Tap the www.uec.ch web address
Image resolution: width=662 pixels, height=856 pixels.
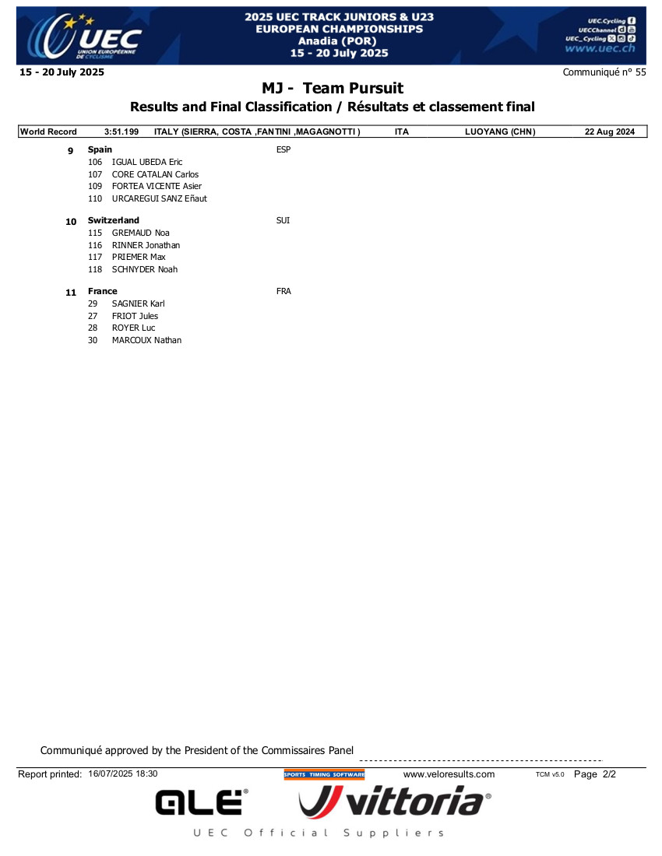click(599, 48)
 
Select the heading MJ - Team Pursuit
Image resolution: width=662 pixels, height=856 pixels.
click(333, 89)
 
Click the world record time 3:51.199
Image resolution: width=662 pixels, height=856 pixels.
click(121, 132)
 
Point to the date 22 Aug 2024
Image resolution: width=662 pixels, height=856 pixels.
click(610, 132)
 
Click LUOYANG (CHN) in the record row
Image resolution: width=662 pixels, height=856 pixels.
click(500, 132)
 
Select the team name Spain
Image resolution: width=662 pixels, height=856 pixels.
click(100, 149)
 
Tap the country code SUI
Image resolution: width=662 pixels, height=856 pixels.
click(283, 221)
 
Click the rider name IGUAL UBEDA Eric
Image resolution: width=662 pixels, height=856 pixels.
click(147, 162)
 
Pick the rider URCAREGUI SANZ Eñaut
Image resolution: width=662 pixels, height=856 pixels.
click(160, 198)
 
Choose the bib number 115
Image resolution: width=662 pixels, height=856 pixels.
click(95, 233)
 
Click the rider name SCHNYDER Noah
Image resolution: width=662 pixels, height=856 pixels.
click(145, 269)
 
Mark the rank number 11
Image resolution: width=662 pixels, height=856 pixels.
click(71, 293)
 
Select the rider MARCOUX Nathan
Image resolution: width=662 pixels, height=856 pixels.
click(146, 340)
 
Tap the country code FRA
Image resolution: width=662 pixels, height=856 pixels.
click(283, 291)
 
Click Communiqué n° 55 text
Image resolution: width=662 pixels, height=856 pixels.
click(604, 72)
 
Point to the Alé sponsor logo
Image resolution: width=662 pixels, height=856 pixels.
click(202, 802)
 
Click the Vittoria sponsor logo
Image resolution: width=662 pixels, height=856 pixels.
click(395, 801)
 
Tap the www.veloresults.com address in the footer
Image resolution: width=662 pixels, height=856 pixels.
click(449, 774)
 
